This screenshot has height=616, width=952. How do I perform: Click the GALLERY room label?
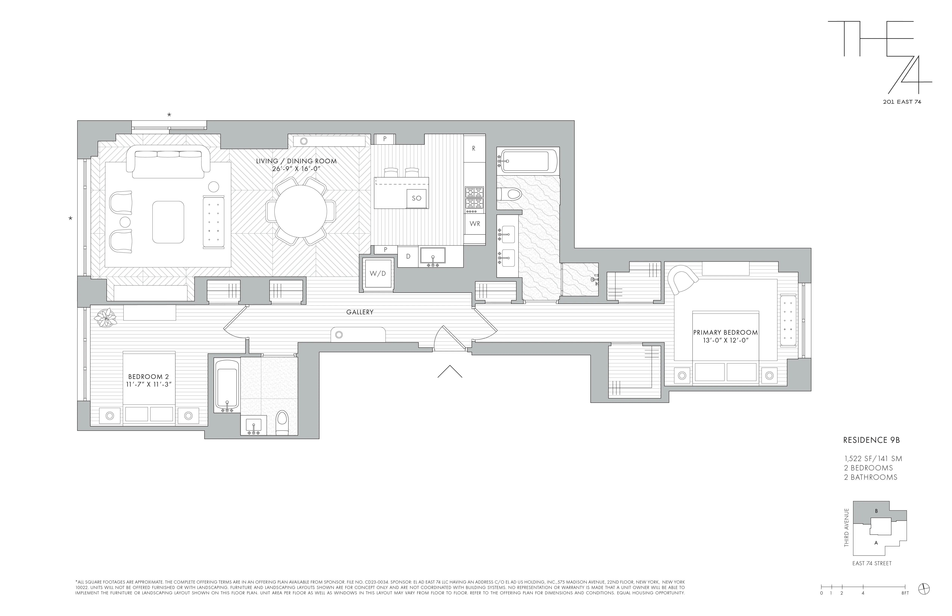pos(360,312)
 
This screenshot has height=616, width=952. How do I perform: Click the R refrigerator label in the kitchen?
pos(474,148)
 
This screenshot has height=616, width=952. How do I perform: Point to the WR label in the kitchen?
pos(475,224)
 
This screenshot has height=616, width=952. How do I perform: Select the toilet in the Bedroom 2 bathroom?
pos(282,422)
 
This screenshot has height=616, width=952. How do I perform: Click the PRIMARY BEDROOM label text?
pos(725,332)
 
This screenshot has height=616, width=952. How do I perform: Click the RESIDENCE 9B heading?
pos(871,440)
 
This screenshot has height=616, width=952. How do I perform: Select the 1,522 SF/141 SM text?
pos(873,459)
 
